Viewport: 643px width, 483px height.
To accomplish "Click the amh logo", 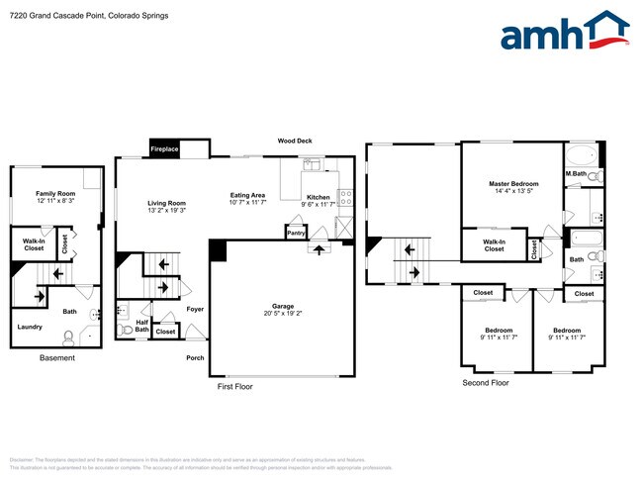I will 564,32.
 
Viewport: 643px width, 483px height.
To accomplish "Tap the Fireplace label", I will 164,149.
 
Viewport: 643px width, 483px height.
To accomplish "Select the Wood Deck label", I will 295,142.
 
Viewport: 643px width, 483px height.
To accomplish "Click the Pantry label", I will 296,234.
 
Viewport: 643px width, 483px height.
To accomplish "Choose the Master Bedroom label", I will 513,184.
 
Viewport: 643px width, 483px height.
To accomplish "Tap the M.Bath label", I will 577,175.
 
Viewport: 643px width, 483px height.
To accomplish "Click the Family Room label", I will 55,193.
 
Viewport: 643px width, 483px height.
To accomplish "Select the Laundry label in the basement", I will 29,327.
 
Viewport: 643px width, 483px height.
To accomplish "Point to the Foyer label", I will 195,310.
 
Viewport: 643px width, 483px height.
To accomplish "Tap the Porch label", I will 195,358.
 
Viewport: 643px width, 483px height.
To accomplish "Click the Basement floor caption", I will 56,358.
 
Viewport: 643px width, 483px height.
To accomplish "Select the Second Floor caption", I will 486,382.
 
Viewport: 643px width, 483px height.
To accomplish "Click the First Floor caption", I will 235,387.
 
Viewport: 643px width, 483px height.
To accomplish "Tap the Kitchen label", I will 318,197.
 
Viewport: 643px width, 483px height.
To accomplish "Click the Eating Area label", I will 247,195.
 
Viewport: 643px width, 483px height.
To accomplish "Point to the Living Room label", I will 167,202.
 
